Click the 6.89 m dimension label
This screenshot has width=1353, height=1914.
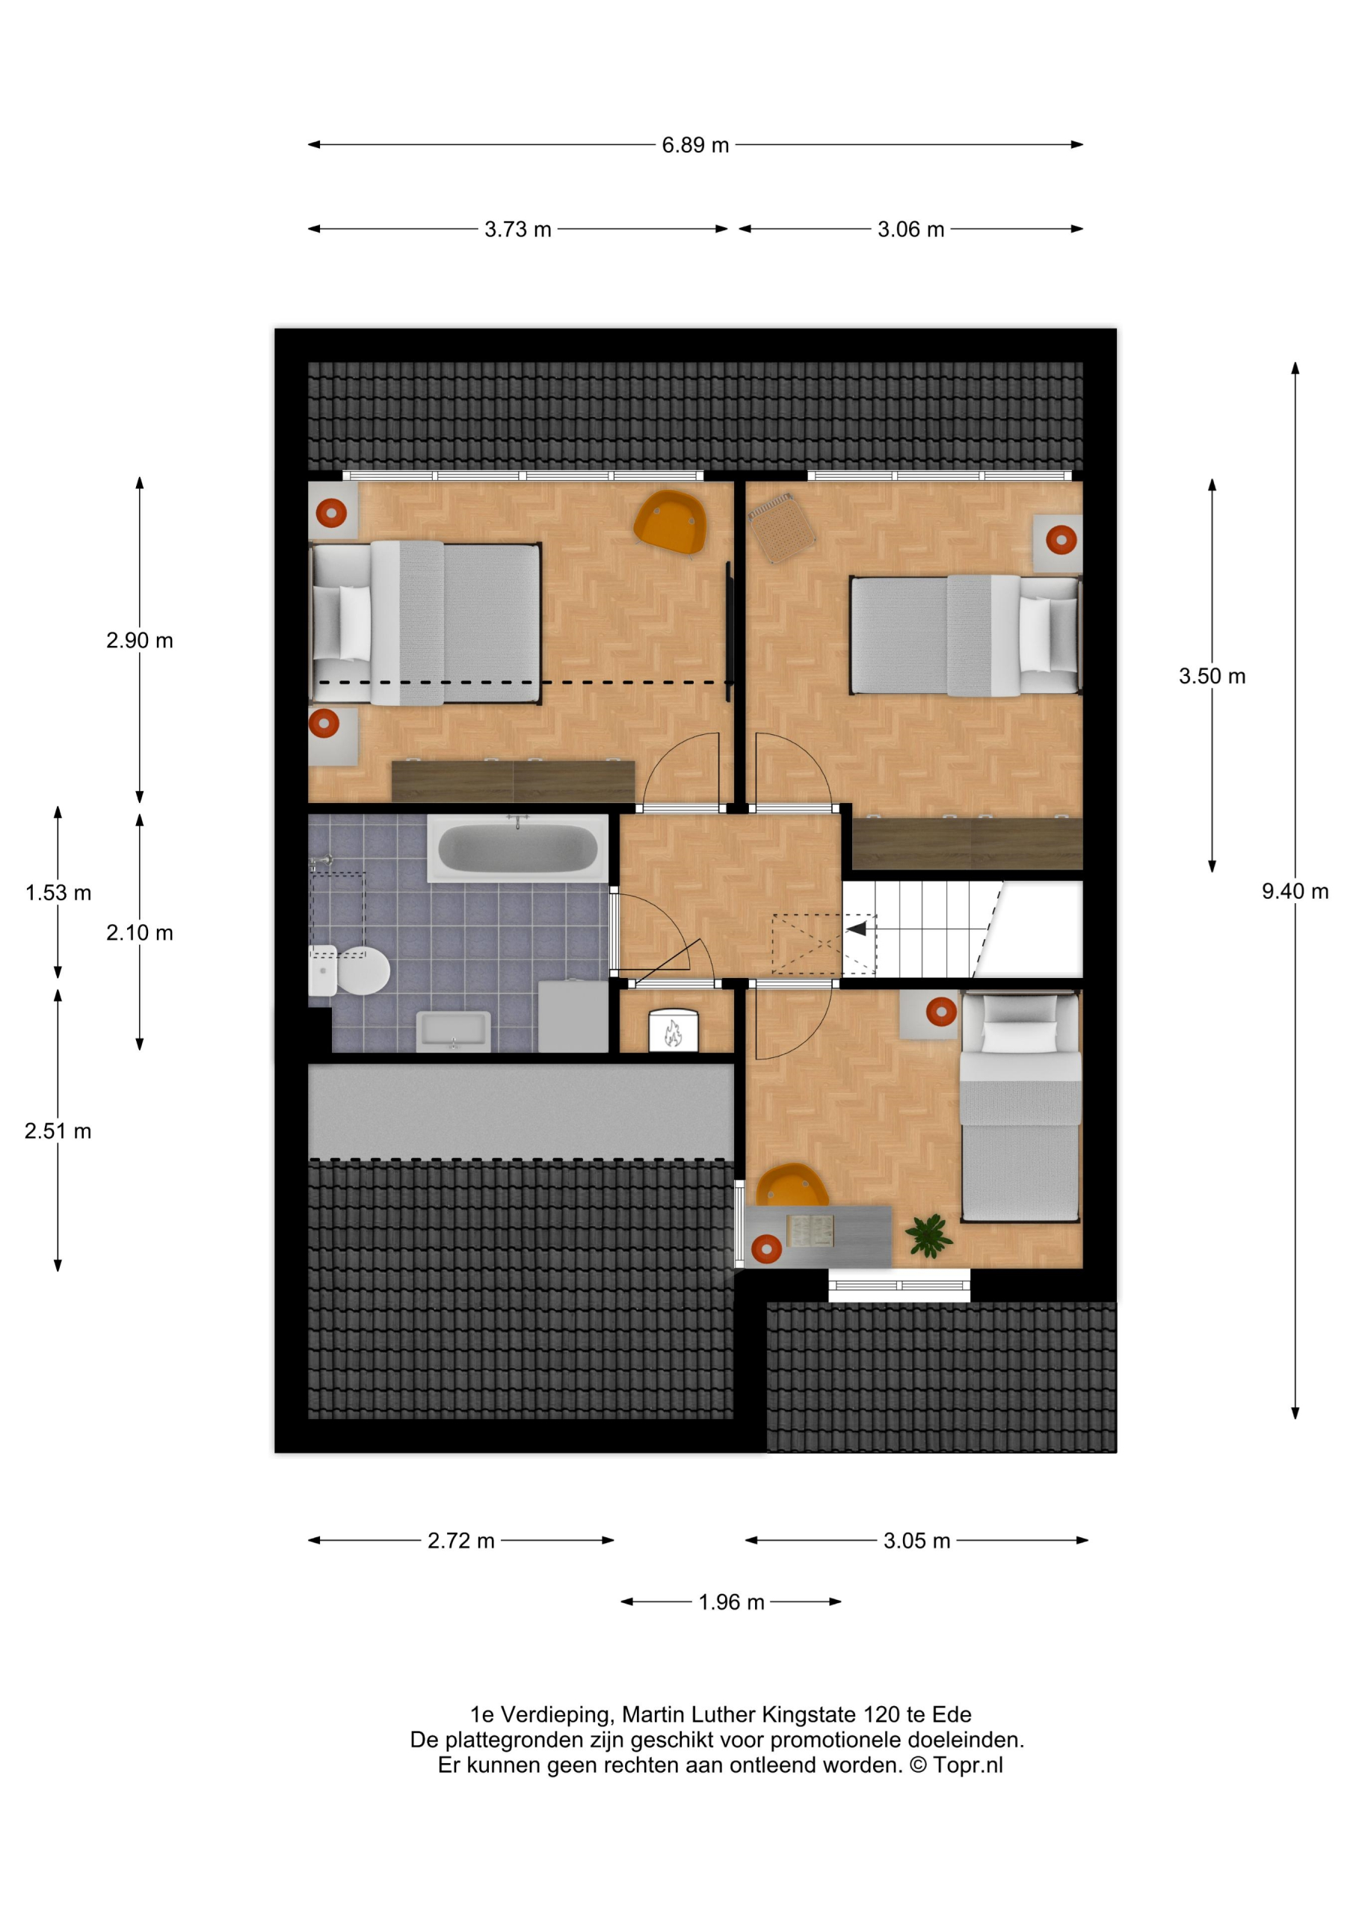695,145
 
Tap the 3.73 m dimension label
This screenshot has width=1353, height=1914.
518,230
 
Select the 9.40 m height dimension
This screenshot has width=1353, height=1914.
1295,891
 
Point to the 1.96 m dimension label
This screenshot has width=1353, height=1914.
731,1602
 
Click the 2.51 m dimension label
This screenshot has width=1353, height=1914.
58,1131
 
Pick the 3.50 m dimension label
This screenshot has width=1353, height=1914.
1212,676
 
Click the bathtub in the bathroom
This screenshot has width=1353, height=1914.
518,849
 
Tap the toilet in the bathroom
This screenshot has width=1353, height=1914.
349,970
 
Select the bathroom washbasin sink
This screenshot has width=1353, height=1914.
453,1030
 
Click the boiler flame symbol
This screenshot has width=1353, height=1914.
672,1035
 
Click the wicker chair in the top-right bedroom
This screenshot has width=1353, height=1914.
781,528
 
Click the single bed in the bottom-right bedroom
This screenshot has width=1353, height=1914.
1020,1107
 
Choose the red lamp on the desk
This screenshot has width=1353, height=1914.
766,1249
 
